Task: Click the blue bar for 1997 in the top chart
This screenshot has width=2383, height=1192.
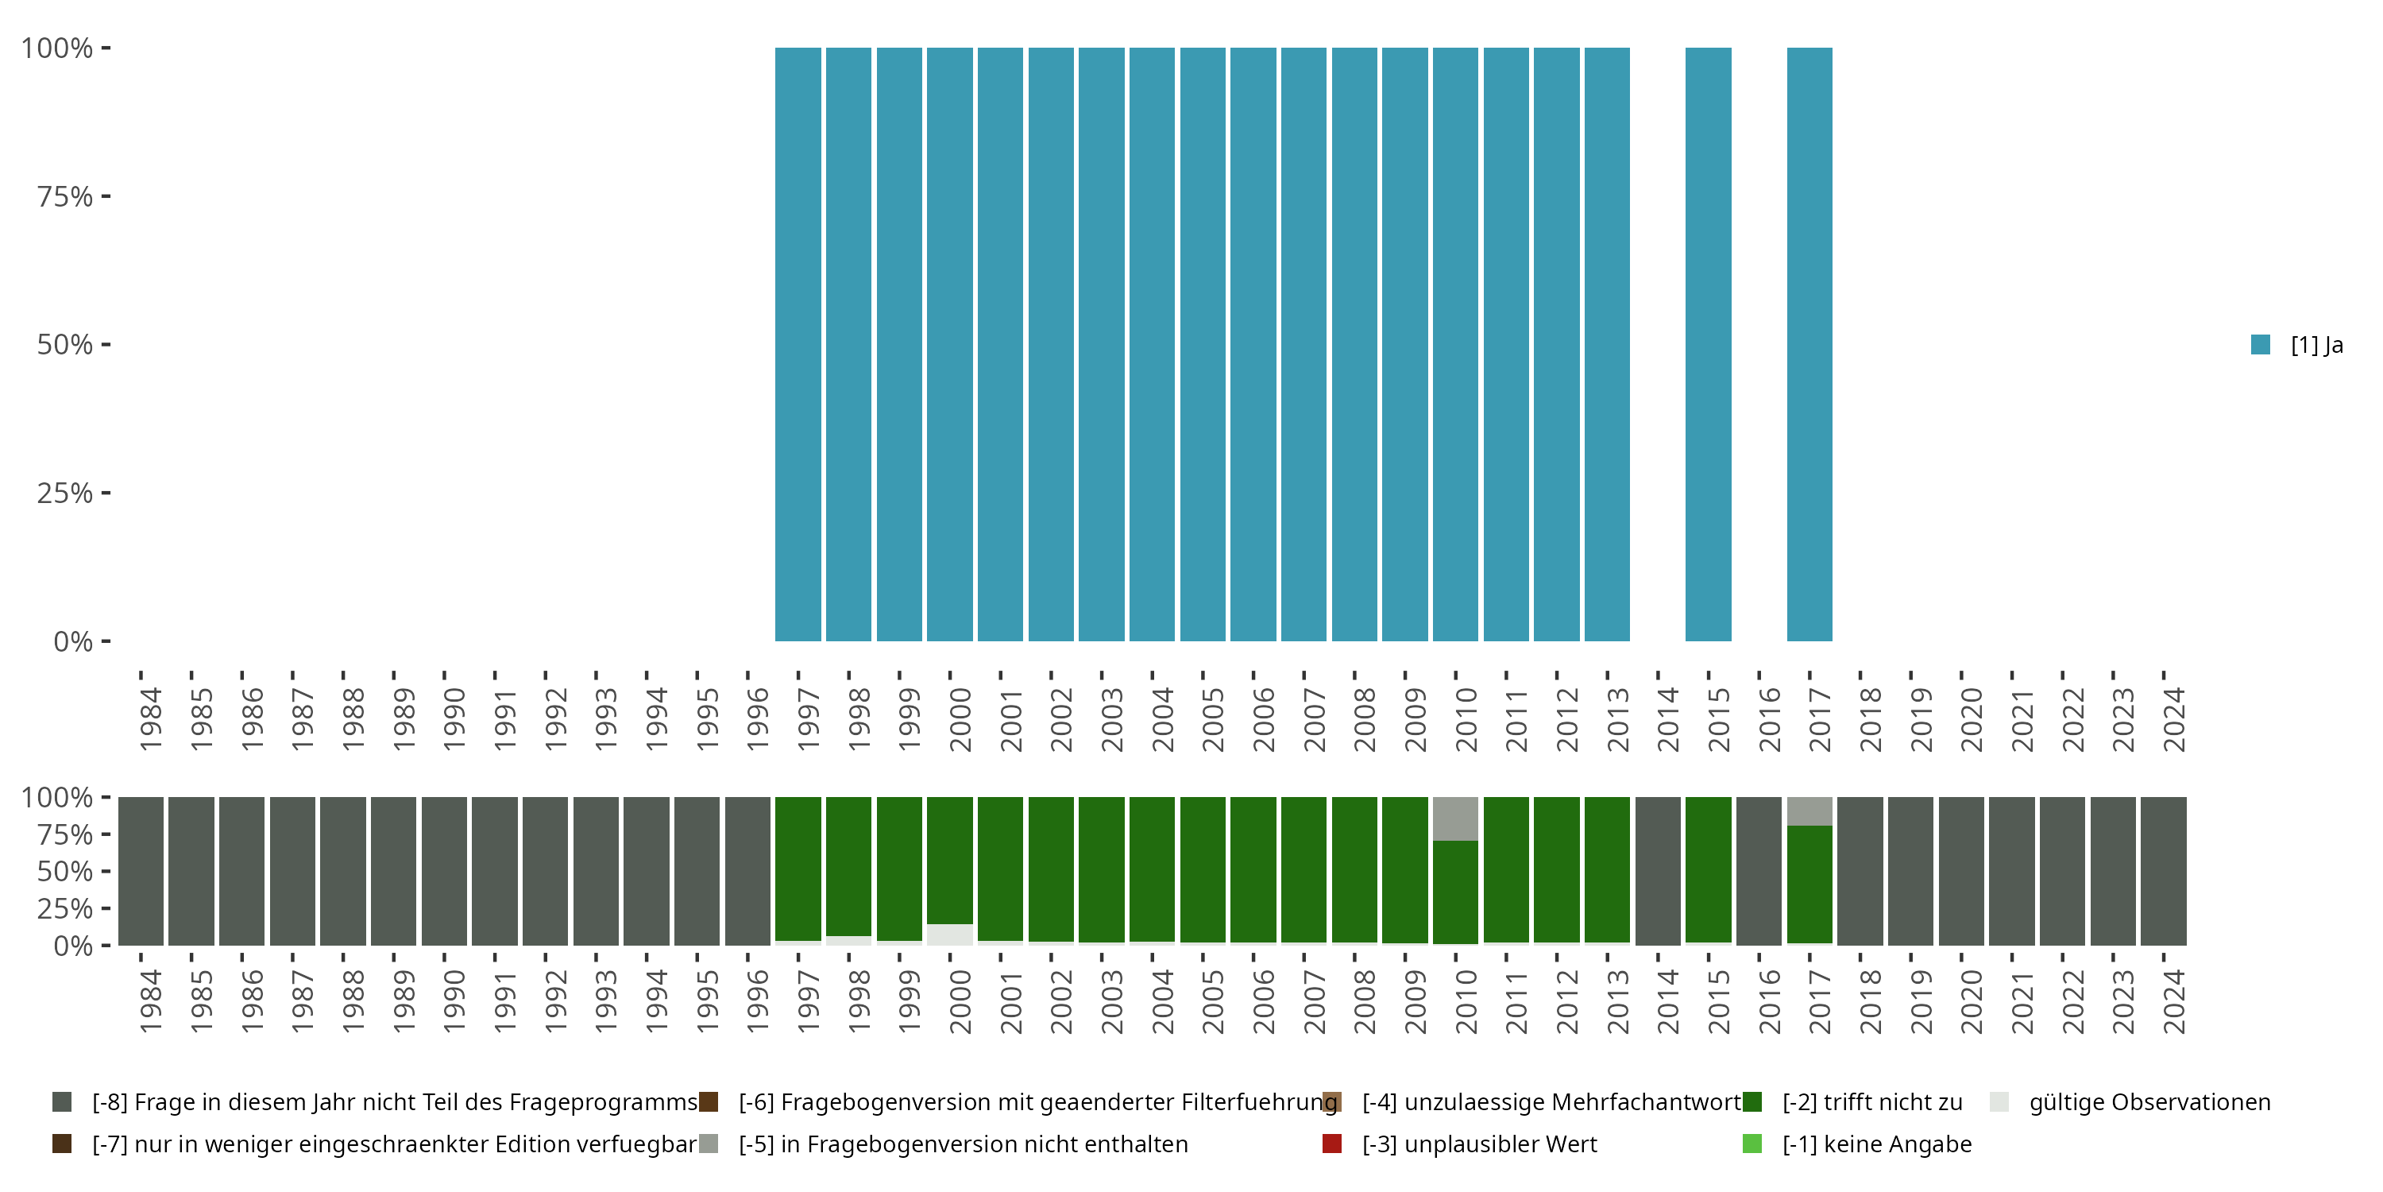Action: [x=798, y=344]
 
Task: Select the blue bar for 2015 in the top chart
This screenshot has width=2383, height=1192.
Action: [x=1708, y=344]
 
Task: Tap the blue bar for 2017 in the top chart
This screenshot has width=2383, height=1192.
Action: [x=1809, y=344]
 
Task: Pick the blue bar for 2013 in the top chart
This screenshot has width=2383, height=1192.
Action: [x=1607, y=344]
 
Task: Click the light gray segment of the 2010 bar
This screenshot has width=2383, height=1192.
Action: [x=1455, y=819]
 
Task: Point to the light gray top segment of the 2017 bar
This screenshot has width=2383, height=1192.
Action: [x=1809, y=811]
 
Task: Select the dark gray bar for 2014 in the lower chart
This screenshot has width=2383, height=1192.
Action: [x=1658, y=871]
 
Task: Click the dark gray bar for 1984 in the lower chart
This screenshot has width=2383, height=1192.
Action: [x=141, y=871]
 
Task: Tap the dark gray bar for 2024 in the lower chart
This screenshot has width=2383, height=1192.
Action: [x=2163, y=871]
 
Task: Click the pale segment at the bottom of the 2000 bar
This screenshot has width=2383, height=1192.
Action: [x=950, y=935]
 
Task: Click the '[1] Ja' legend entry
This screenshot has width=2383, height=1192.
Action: [x=2298, y=345]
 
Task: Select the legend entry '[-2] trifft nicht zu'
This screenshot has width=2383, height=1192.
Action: [x=1871, y=1102]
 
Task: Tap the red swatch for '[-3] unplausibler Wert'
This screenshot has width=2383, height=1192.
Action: [x=1332, y=1144]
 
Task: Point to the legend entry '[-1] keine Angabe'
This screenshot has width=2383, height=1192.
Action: [x=1876, y=1144]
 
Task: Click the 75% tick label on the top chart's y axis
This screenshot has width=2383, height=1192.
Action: [x=65, y=196]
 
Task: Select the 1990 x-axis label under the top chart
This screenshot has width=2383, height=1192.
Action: [x=454, y=720]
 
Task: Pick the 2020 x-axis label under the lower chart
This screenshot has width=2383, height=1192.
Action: [x=1971, y=1002]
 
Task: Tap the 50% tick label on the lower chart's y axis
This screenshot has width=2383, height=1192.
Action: [x=65, y=872]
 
